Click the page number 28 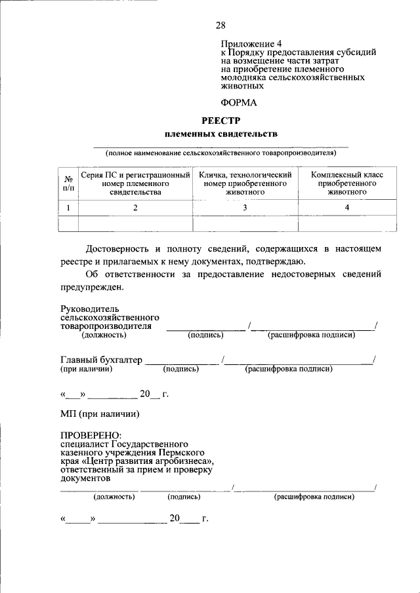pyautogui.click(x=220, y=26)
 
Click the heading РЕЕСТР pyautogui.click(x=220, y=120)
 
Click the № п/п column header pyautogui.click(x=68, y=183)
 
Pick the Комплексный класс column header pyautogui.click(x=347, y=183)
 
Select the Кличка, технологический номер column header pyautogui.click(x=245, y=183)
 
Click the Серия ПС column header pyautogui.click(x=135, y=183)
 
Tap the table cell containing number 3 pyautogui.click(x=245, y=208)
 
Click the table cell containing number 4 pyautogui.click(x=347, y=208)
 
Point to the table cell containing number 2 pyautogui.click(x=135, y=208)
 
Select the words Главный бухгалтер pyautogui.click(x=101, y=360)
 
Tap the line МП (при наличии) pyautogui.click(x=100, y=414)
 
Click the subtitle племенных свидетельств pyautogui.click(x=220, y=134)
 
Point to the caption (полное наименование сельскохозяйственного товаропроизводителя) pyautogui.click(x=220, y=153)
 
